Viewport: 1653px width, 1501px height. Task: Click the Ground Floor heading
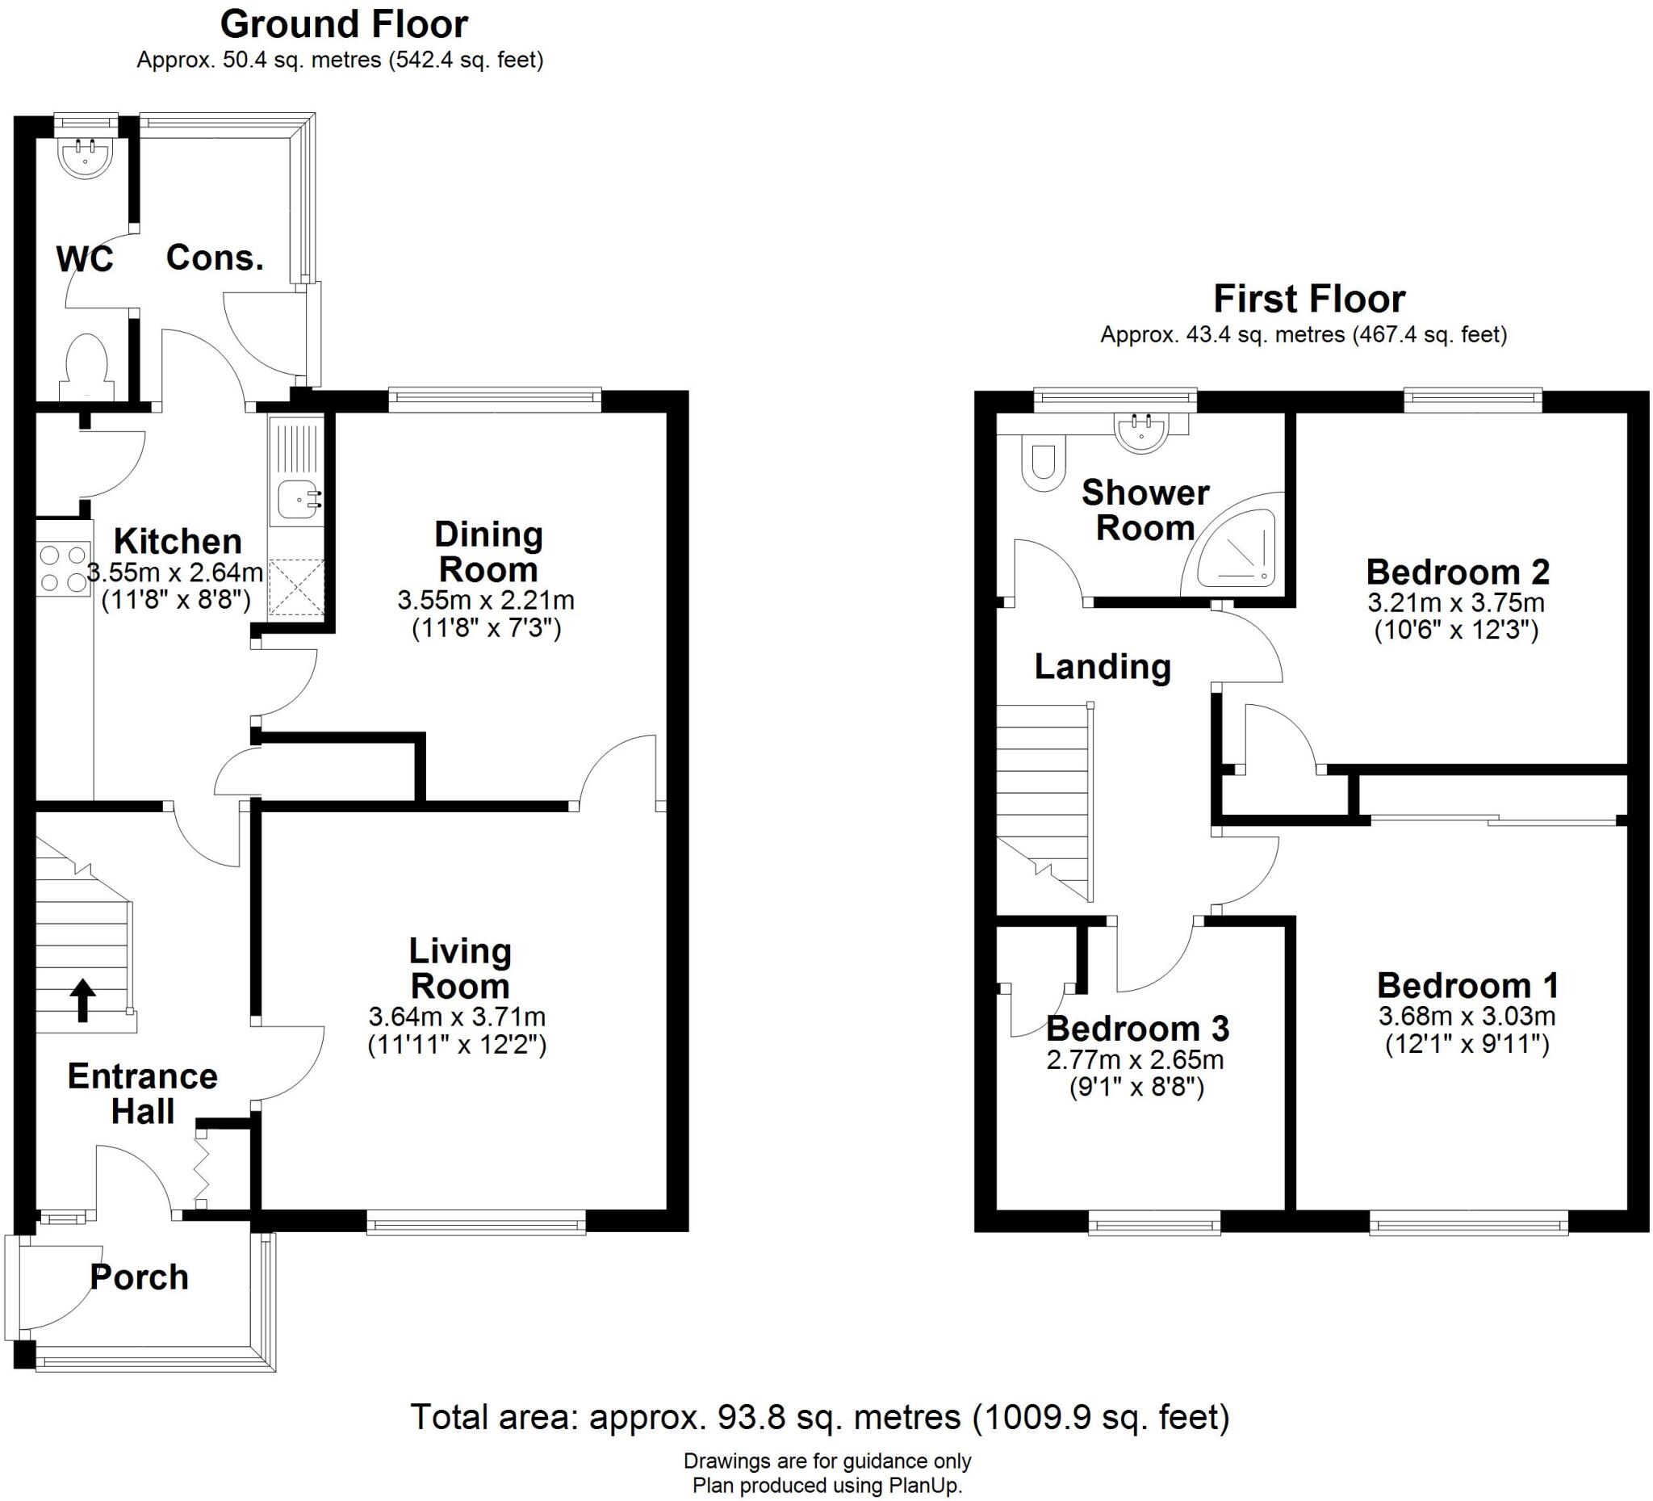(x=344, y=24)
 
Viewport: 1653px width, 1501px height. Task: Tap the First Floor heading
(x=1308, y=299)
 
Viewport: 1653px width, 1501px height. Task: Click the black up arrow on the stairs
(x=82, y=1000)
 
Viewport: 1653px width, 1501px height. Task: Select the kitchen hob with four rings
(x=63, y=568)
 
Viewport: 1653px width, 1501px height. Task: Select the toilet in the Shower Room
(x=1042, y=464)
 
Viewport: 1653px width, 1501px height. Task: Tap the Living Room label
(x=460, y=969)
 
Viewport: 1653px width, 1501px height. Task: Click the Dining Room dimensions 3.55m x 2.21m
(x=485, y=601)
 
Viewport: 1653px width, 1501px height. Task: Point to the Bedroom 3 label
(x=1137, y=1028)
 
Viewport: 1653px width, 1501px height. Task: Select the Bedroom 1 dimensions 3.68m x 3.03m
(x=1466, y=1017)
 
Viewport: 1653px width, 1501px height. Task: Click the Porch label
(x=140, y=1277)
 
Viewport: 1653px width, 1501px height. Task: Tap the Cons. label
(x=215, y=258)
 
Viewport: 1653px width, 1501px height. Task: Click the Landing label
(x=1102, y=666)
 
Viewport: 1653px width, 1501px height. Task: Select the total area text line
(x=820, y=1416)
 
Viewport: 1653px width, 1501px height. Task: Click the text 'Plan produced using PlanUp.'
(x=827, y=1486)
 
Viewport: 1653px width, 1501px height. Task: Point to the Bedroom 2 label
(x=1457, y=572)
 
